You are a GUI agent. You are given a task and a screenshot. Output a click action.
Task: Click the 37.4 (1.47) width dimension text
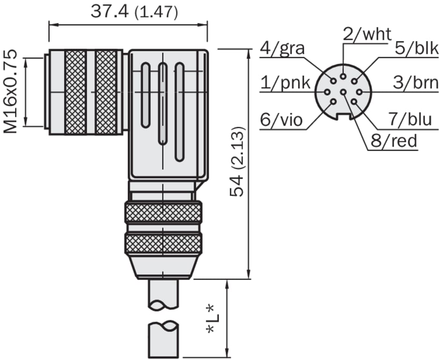(x=134, y=12)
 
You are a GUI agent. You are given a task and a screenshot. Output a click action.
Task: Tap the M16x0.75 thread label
(x=10, y=92)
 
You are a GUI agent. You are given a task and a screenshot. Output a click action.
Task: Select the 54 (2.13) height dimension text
(x=237, y=162)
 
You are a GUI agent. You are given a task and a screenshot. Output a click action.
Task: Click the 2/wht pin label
(x=367, y=34)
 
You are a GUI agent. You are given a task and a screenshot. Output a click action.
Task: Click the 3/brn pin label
(x=416, y=83)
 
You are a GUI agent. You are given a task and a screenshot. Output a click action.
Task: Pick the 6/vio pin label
(x=281, y=120)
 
